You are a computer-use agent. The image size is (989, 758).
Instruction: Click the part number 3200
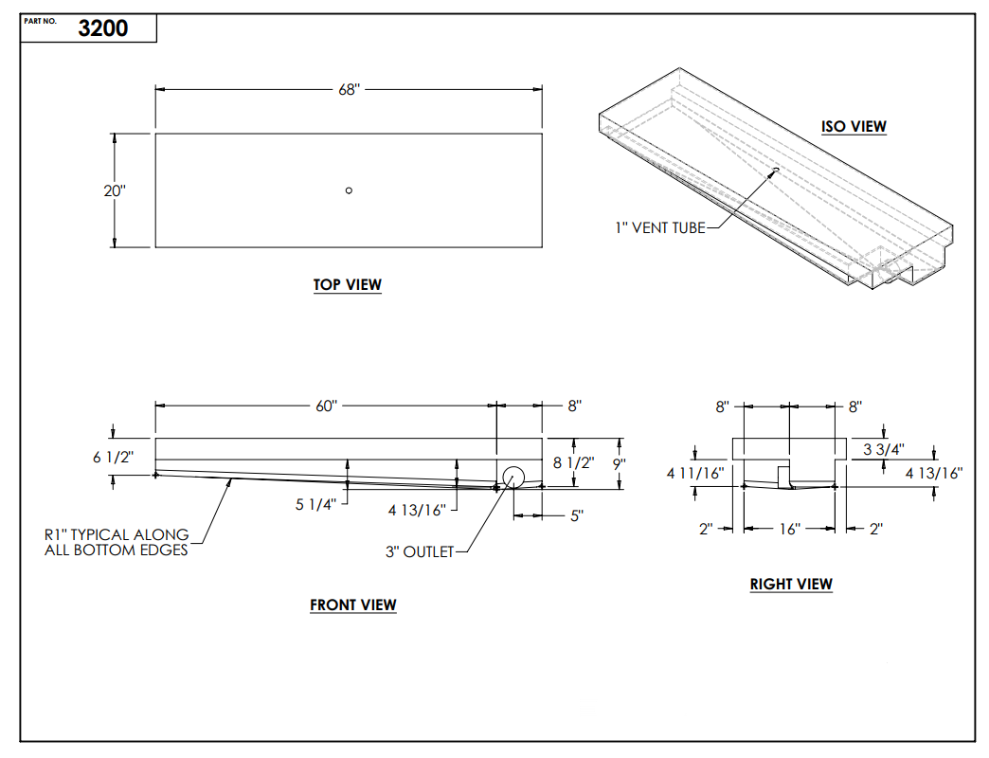point(103,28)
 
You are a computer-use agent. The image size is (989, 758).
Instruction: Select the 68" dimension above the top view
point(349,90)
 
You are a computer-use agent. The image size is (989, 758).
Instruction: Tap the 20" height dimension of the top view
point(115,190)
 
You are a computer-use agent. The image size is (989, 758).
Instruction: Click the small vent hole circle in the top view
point(349,190)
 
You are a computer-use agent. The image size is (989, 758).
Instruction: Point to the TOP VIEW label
point(348,285)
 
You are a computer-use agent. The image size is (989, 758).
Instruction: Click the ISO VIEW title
point(854,127)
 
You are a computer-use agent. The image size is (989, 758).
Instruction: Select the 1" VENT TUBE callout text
point(659,227)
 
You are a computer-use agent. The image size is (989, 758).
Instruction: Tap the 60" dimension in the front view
point(325,406)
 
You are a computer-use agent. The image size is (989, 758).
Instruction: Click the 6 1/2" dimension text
point(114,458)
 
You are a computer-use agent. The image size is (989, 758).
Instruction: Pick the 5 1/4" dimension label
point(315,504)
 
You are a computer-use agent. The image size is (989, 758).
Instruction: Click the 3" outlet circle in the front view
point(514,478)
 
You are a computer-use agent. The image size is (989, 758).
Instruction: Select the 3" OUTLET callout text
point(420,551)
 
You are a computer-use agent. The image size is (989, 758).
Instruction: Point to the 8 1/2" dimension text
point(574,463)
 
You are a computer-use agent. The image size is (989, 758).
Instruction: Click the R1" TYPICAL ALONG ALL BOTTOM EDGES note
point(117,542)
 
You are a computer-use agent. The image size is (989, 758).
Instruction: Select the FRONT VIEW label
point(352,605)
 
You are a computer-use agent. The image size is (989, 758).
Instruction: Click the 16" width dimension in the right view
point(789,529)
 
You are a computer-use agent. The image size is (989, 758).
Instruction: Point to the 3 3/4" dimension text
point(883,449)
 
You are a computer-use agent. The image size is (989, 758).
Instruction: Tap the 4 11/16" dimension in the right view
point(696,473)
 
